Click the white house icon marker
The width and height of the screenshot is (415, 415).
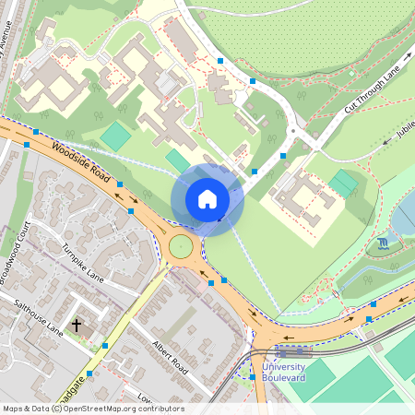coord(207,198)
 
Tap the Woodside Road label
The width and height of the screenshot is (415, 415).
coord(81,162)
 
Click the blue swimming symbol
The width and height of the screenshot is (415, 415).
coord(384,243)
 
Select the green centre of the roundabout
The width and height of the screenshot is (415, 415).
coord(181,246)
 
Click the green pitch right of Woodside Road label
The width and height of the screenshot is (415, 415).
coord(116,136)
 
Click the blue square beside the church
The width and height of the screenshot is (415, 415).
coord(105,346)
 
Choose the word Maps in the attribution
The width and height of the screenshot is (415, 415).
coord(14,409)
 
